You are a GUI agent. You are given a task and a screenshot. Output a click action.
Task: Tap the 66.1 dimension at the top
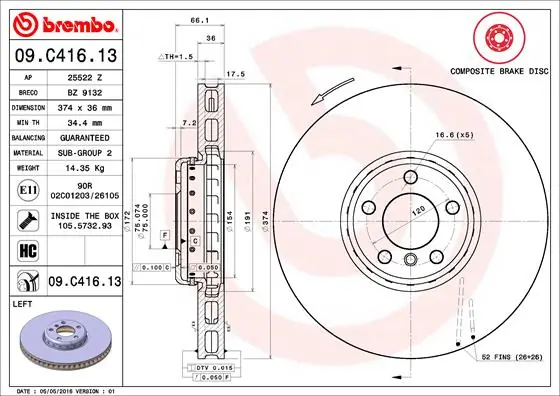coord(199,19)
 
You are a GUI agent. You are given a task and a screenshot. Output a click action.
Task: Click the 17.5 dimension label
coord(236,73)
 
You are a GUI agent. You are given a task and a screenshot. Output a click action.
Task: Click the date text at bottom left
coord(62,389)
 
